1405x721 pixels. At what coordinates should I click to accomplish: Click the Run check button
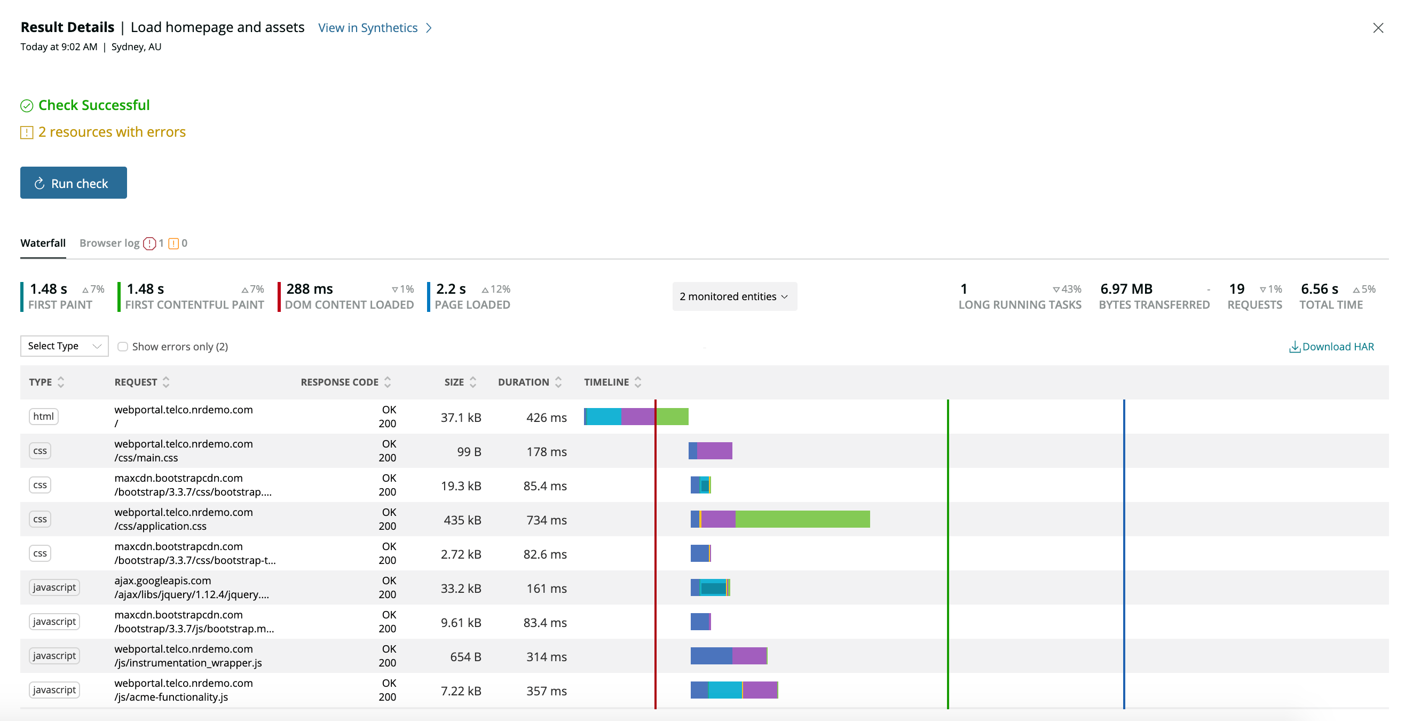[x=73, y=183]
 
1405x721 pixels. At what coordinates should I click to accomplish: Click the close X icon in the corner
[x=1378, y=28]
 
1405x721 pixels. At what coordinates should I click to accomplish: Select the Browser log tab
[x=109, y=243]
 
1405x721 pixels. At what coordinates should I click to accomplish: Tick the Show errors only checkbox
[x=123, y=347]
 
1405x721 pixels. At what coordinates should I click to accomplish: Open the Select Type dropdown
[x=65, y=346]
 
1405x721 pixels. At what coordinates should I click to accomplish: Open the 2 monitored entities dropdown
[x=733, y=296]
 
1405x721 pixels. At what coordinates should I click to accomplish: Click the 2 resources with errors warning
[x=112, y=132]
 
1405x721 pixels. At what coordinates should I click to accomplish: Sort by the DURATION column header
[x=523, y=382]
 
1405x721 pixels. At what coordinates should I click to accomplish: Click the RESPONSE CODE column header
[x=340, y=382]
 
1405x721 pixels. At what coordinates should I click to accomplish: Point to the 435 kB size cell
[x=462, y=520]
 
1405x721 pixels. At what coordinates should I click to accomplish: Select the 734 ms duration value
[x=546, y=520]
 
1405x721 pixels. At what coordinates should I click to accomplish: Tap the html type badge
[x=43, y=417]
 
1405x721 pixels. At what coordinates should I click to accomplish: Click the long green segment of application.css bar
[x=802, y=519]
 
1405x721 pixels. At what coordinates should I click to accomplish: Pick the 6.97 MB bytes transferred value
[x=1126, y=289]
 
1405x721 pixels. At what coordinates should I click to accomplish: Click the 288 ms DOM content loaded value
[x=309, y=289]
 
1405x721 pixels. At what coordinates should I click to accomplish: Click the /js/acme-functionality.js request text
[x=171, y=697]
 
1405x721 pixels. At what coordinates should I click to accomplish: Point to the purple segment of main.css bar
[x=714, y=451]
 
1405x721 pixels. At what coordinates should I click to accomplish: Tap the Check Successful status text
[x=94, y=105]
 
